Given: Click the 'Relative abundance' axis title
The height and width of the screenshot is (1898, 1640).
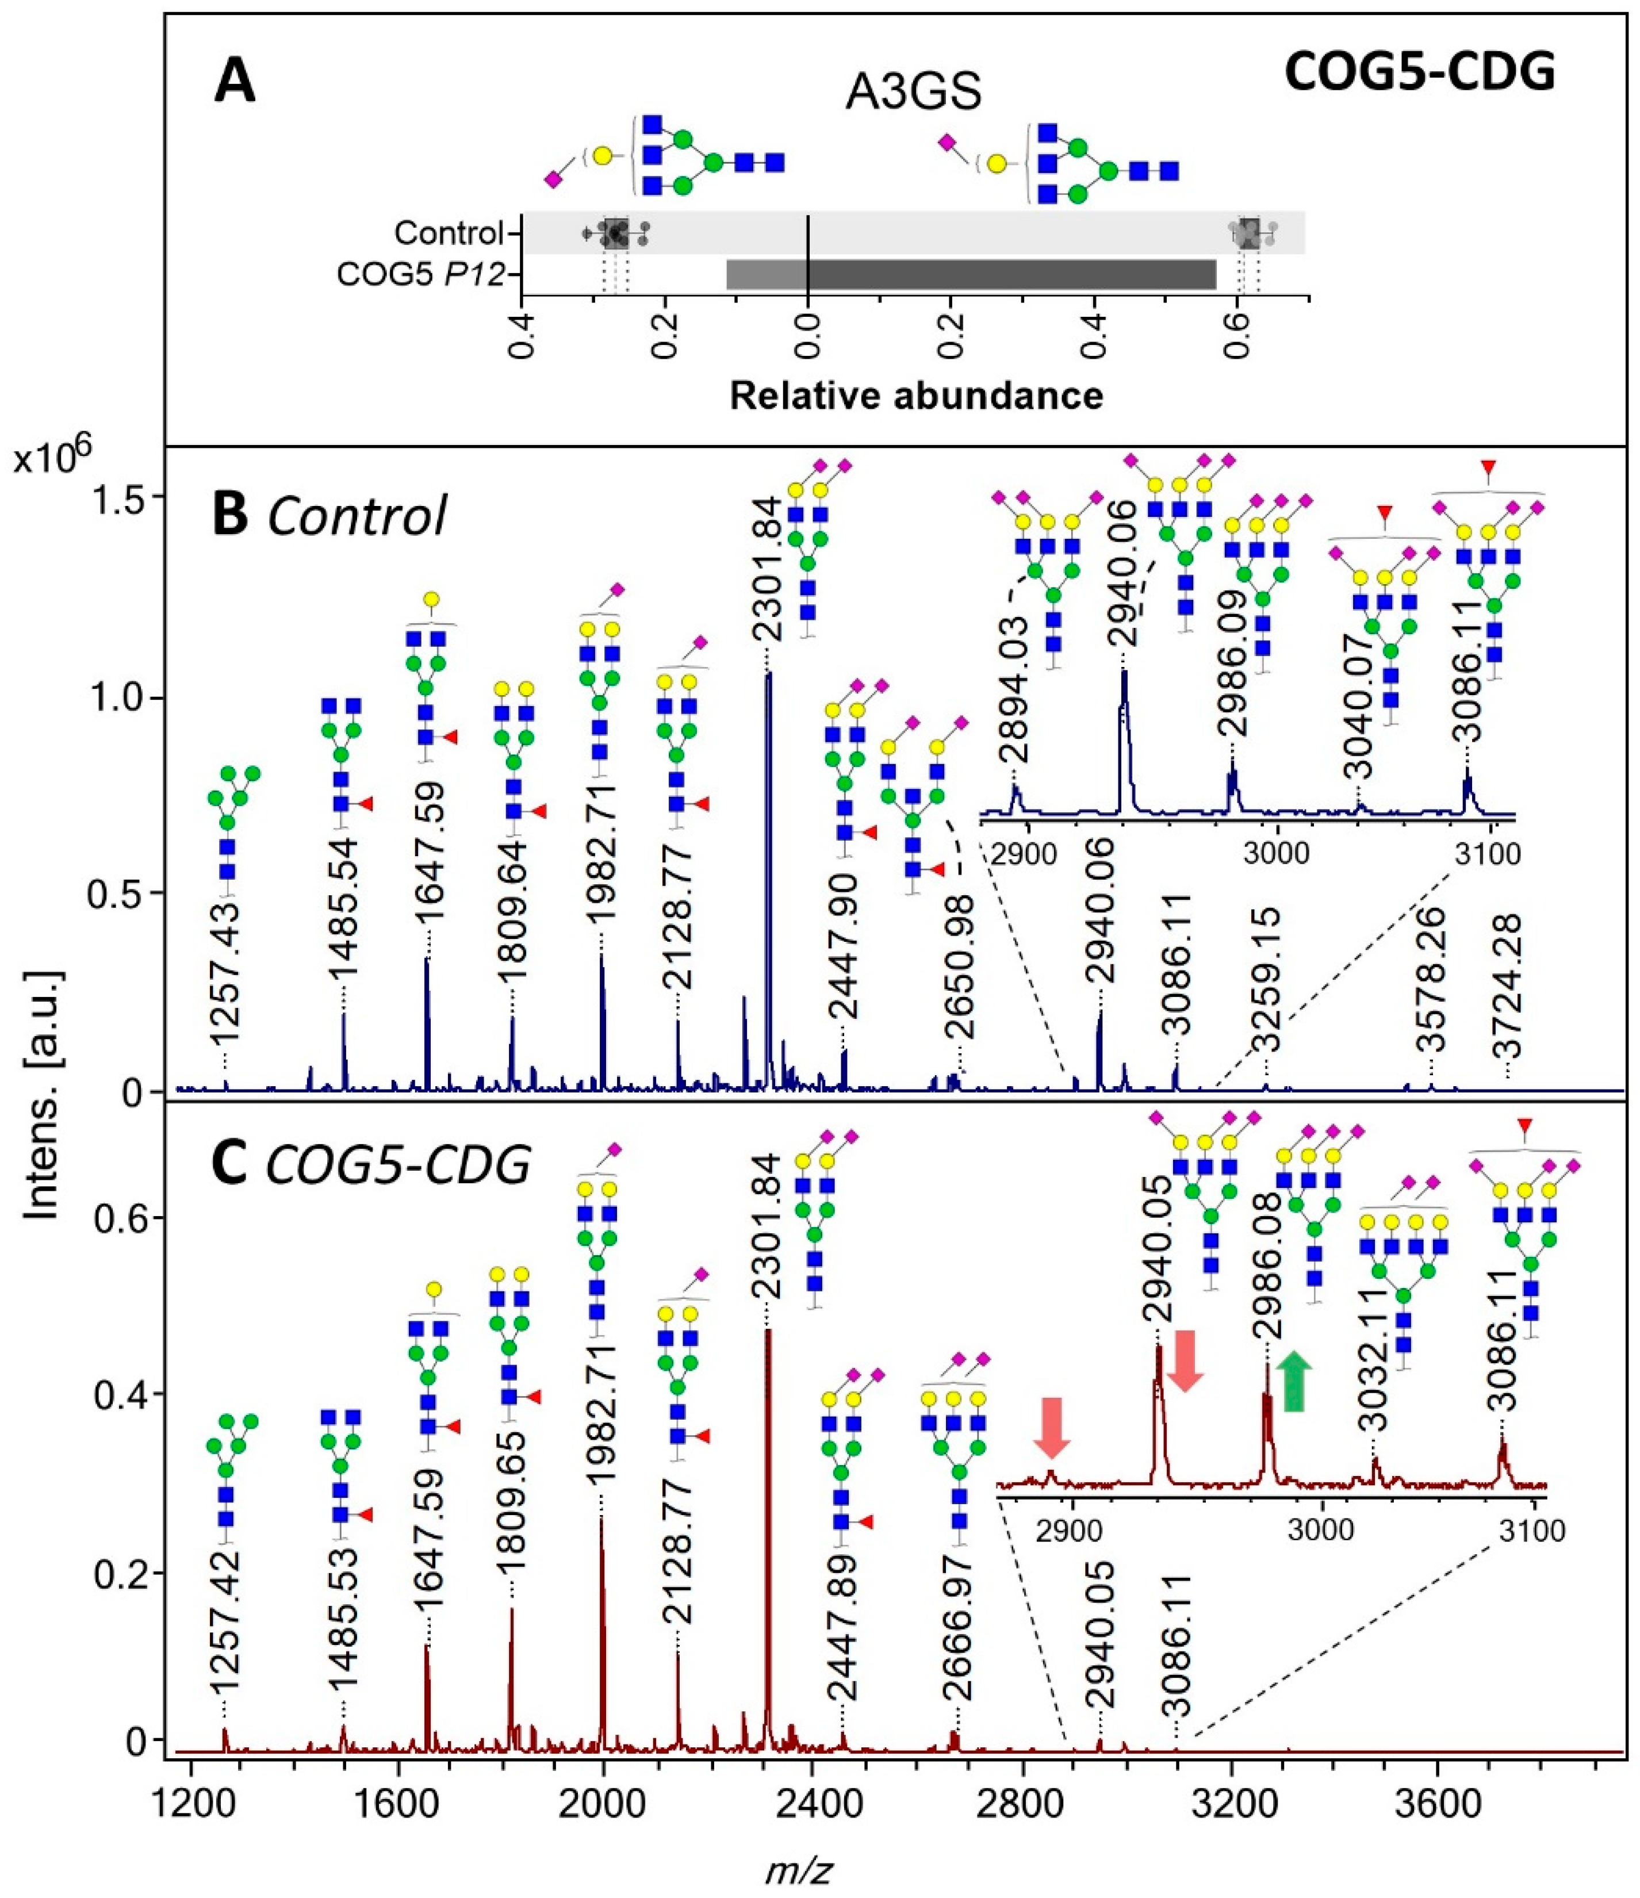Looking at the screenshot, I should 915,396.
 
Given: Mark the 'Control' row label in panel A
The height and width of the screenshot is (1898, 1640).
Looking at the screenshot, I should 449,233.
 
